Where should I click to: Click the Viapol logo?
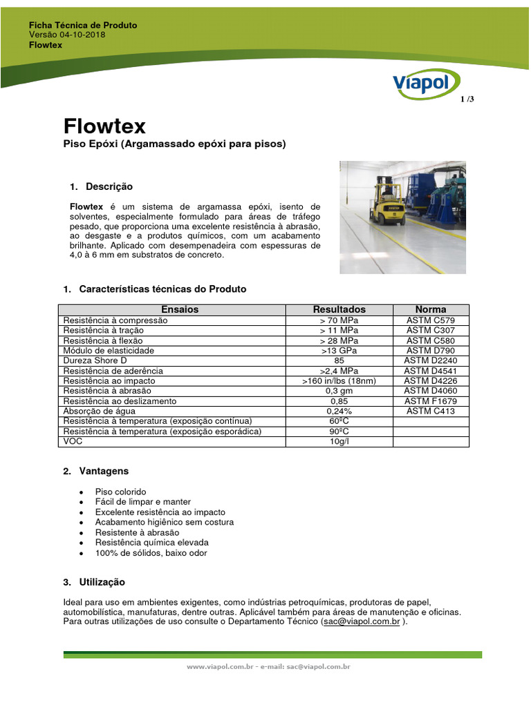pyautogui.click(x=421, y=82)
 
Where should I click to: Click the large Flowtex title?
pyautogui.click(x=104, y=126)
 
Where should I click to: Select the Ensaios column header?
pyautogui.click(x=179, y=309)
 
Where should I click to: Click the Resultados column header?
pyautogui.click(x=339, y=309)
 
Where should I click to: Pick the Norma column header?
pyautogui.click(x=431, y=309)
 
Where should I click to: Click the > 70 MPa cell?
pyautogui.click(x=339, y=320)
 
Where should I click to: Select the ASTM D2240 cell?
pyautogui.click(x=431, y=360)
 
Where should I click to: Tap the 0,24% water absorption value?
pyautogui.click(x=339, y=411)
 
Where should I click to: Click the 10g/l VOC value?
pyautogui.click(x=339, y=441)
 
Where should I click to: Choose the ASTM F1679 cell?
pyautogui.click(x=431, y=401)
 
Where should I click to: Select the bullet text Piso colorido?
pyautogui.click(x=120, y=492)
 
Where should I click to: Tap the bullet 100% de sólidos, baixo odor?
pyautogui.click(x=151, y=553)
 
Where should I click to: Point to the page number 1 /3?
pyautogui.click(x=467, y=99)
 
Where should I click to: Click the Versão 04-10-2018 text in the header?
pyautogui.click(x=67, y=35)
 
